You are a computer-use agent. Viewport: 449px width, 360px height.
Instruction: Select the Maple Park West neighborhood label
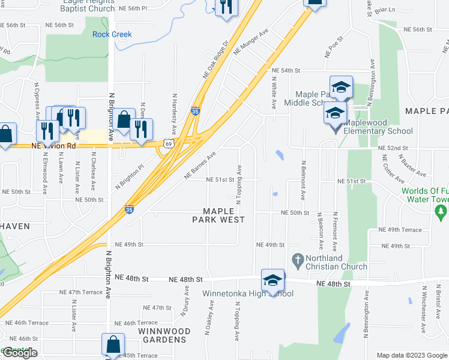pyautogui.click(x=218, y=215)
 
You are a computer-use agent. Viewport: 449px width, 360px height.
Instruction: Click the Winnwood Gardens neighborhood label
pyautogui.click(x=164, y=335)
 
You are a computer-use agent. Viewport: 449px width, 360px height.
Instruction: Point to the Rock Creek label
pyautogui.click(x=112, y=34)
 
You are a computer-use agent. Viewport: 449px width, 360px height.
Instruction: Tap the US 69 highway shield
pyautogui.click(x=168, y=143)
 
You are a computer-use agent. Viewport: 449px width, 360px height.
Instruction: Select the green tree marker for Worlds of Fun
pyautogui.click(x=441, y=212)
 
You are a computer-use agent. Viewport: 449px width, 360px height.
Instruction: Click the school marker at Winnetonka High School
pyautogui.click(x=273, y=280)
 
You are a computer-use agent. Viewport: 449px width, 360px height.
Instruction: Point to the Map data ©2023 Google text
pyautogui.click(x=411, y=355)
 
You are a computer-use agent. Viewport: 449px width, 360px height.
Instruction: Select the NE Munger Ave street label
pyautogui.click(x=250, y=42)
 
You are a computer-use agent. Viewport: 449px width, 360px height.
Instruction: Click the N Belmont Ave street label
pyautogui.click(x=304, y=181)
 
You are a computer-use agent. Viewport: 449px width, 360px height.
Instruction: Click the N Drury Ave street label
pyautogui.click(x=185, y=307)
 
